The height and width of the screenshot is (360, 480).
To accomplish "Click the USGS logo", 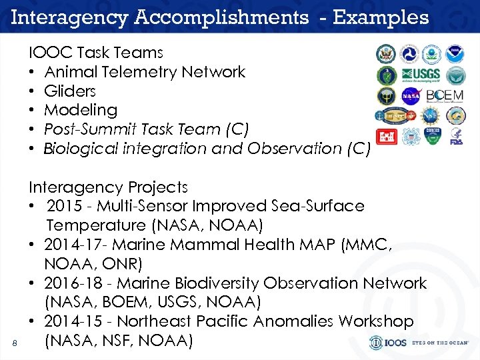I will [420, 75].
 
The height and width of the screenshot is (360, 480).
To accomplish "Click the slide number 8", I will [15, 343].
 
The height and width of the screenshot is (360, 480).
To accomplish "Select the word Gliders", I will [70, 91].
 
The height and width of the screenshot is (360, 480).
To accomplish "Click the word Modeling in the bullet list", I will [80, 110].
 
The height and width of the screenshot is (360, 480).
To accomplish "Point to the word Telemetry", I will [137, 71].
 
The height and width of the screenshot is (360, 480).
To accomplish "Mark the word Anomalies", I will [293, 321].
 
